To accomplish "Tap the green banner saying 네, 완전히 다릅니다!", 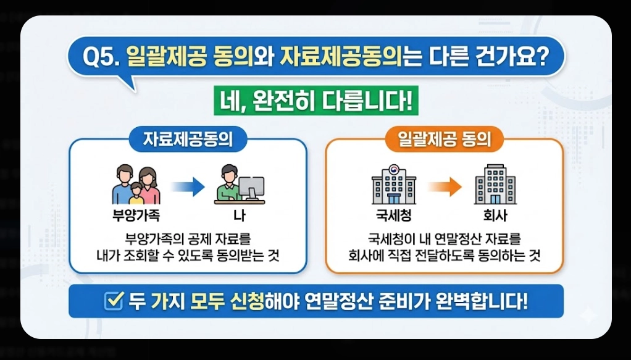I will click(315, 100).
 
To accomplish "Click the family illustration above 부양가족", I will click(135, 185).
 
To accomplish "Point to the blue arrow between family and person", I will click(188, 186).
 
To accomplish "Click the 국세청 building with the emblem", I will click(393, 185).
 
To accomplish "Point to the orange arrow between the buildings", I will click(444, 186).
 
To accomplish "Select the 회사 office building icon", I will click(495, 185).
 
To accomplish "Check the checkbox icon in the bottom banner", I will click(114, 301).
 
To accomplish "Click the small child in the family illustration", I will click(136, 193).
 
